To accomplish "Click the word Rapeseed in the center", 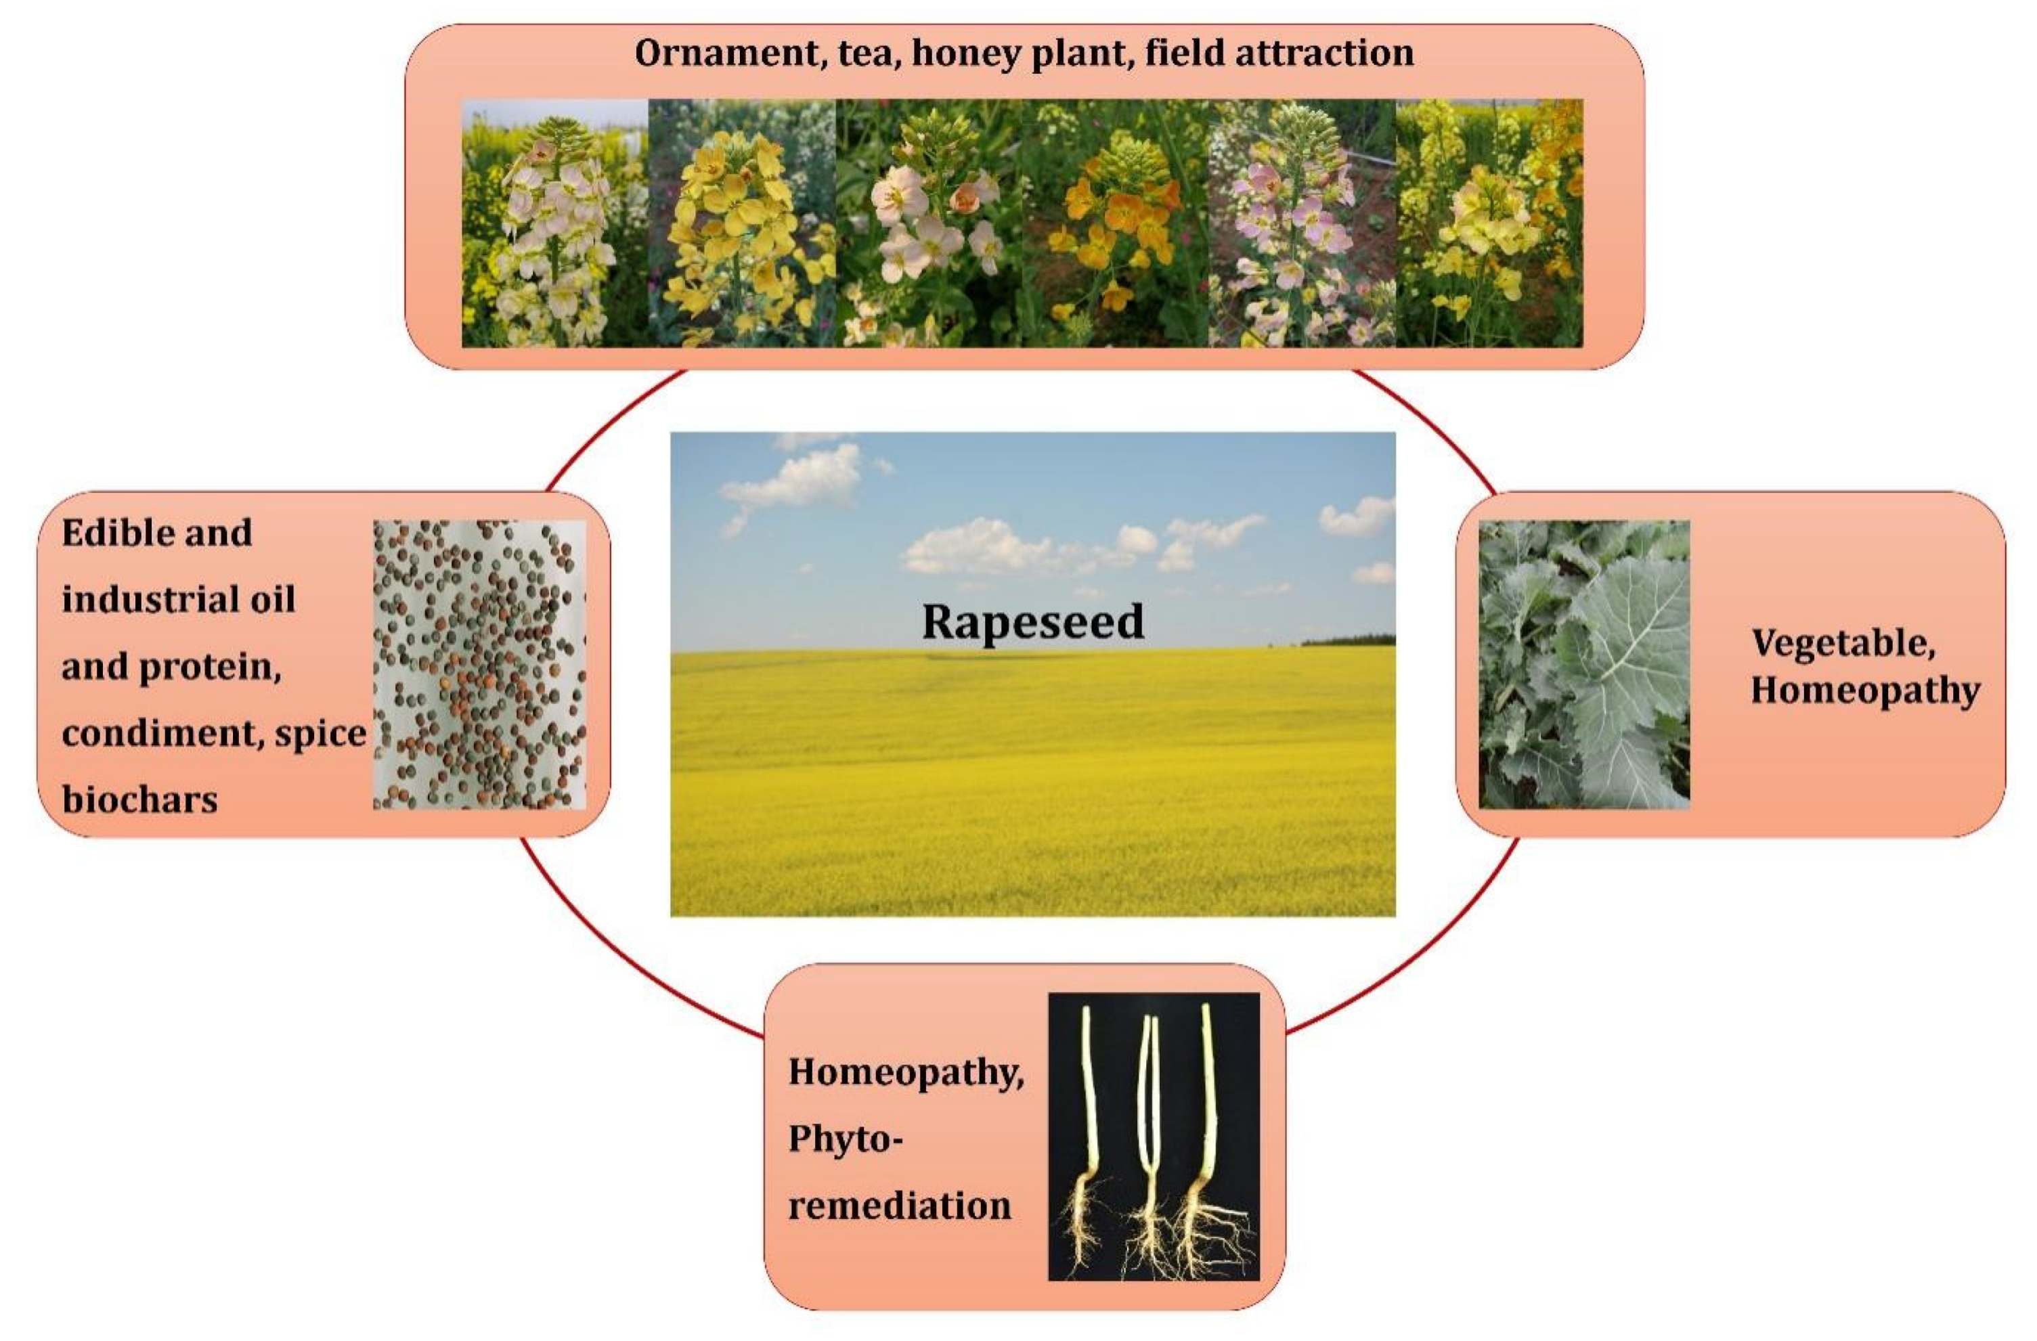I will [1032, 621].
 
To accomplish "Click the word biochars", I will [139, 800].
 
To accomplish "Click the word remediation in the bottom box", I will [900, 1206].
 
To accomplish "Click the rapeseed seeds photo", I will [479, 664].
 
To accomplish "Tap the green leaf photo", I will [1583, 664].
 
